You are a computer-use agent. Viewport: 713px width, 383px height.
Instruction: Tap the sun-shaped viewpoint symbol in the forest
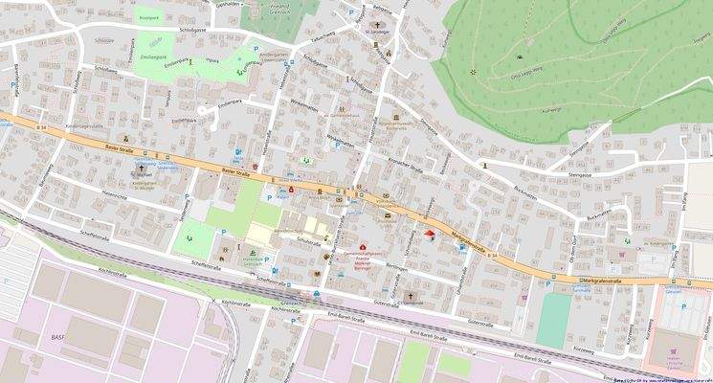click(472, 73)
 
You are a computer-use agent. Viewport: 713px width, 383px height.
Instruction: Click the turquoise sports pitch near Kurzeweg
click(553, 320)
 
